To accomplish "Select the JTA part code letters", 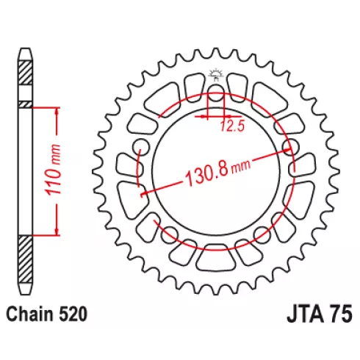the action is point(304,314).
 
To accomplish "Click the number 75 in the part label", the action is point(341,314).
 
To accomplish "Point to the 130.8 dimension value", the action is point(206,174).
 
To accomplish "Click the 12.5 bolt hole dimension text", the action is point(232,126).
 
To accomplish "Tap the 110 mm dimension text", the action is point(53,170).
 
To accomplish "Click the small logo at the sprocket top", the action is point(216,75).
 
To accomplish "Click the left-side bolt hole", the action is point(140,147).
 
